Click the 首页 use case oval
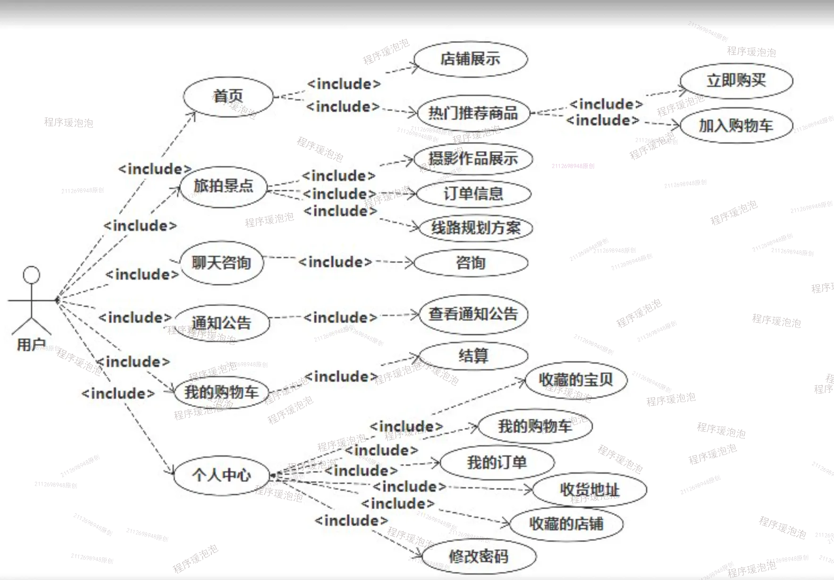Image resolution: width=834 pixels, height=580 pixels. [228, 96]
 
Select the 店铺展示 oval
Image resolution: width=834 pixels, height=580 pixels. [471, 59]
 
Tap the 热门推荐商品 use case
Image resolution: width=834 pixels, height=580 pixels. [473, 113]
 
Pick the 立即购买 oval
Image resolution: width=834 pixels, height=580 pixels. [736, 81]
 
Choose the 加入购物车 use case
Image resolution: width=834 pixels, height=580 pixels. [736, 126]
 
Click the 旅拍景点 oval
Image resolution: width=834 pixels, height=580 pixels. [223, 186]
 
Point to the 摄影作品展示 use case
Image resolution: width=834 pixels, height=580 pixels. [473, 159]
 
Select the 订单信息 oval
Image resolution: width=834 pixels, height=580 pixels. [473, 194]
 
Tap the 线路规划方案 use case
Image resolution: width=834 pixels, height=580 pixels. [475, 228]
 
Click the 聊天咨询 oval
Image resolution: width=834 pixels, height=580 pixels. [221, 263]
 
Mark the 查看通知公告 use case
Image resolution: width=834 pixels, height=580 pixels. [473, 314]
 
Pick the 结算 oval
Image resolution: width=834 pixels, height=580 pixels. [473, 356]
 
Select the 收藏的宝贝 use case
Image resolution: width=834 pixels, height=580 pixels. [576, 380]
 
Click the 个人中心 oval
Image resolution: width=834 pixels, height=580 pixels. [221, 475]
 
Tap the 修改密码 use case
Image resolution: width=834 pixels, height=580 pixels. [479, 556]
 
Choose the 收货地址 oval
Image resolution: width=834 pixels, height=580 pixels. [590, 490]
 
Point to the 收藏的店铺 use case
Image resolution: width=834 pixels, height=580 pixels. [566, 524]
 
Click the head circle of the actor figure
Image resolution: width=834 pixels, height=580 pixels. [32, 275]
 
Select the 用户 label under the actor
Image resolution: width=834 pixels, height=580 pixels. [31, 345]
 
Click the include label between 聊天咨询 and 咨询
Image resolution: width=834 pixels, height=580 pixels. [335, 262]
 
